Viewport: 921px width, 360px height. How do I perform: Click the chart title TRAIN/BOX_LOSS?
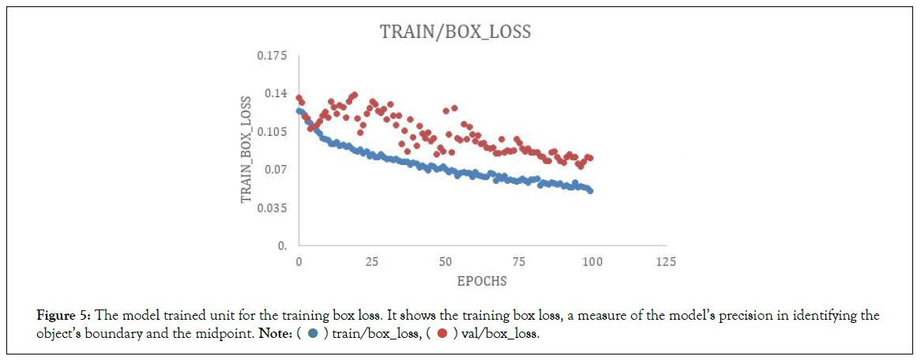(x=455, y=32)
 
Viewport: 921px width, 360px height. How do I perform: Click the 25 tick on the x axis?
(x=372, y=261)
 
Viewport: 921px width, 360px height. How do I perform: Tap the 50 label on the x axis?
(x=445, y=261)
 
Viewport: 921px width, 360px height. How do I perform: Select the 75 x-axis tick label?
(x=519, y=261)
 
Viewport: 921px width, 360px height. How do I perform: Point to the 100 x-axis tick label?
(x=592, y=261)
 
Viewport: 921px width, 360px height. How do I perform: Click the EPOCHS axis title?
(x=482, y=281)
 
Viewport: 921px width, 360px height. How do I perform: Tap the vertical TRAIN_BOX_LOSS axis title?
(x=247, y=149)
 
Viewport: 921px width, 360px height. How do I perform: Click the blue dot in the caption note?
(x=313, y=334)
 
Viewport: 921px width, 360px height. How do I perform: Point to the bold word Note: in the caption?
(x=274, y=334)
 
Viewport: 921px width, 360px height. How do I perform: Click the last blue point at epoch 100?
(x=590, y=190)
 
